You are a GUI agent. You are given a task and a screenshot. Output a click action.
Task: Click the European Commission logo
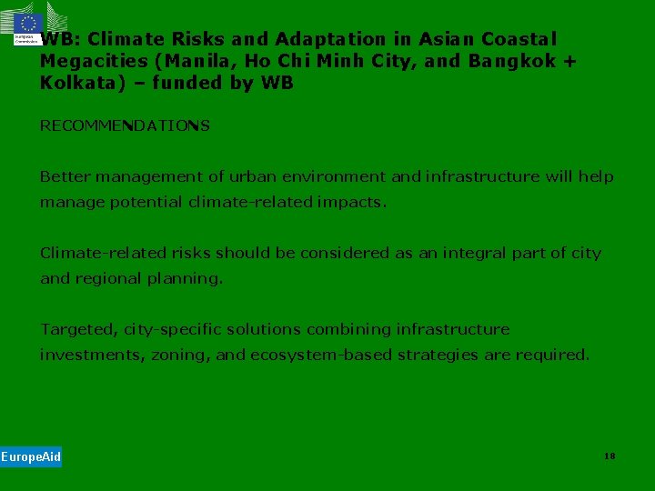pyautogui.click(x=27, y=26)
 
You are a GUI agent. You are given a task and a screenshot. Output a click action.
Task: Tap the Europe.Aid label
pyautogui.click(x=31, y=456)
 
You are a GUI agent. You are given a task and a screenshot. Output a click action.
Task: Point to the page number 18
pyautogui.click(x=610, y=456)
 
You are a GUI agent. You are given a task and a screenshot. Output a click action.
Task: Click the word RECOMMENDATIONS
pyautogui.click(x=125, y=125)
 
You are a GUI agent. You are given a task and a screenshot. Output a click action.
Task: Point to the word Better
pyautogui.click(x=65, y=176)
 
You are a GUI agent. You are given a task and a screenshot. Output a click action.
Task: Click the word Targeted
pyautogui.click(x=77, y=329)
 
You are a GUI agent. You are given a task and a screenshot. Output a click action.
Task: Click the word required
pyautogui.click(x=552, y=355)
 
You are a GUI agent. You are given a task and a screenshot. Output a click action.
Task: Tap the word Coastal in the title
pyautogui.click(x=519, y=39)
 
